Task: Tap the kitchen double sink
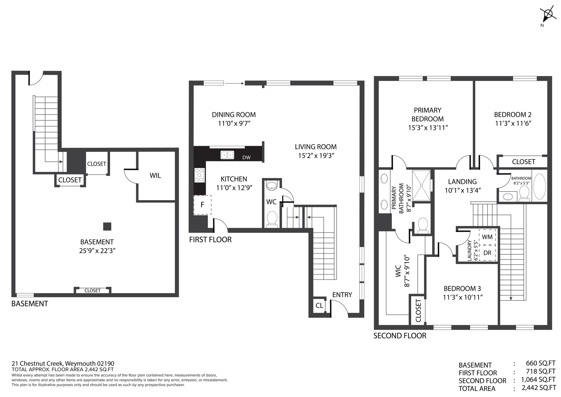coord(227,155)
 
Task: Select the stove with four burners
coord(200,175)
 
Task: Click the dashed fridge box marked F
coord(202,205)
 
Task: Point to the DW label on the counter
coord(246,157)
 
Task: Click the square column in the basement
coord(107,226)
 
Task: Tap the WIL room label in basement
coord(155,175)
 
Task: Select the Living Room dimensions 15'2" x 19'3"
coord(316,156)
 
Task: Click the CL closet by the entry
coord(319,305)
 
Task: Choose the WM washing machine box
coord(487,237)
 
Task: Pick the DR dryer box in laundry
coord(487,253)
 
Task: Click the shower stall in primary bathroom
coord(421,185)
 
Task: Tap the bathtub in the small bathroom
coord(539,186)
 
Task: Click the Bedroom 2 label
coord(513,114)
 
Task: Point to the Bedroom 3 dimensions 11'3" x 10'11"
coord(463,297)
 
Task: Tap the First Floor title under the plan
coord(210,240)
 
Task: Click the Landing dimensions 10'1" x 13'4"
coord(463,190)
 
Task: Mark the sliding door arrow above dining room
coord(234,83)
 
